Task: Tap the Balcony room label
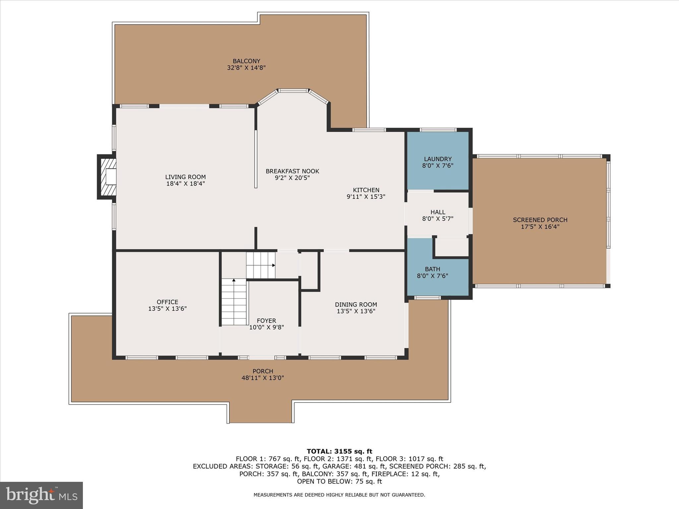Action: click(x=246, y=61)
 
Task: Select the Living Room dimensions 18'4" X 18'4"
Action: click(x=185, y=184)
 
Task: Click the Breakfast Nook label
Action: click(x=292, y=171)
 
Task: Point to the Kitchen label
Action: click(x=366, y=190)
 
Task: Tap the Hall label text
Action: click(x=438, y=212)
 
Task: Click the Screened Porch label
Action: click(x=540, y=220)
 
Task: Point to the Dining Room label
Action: click(x=356, y=305)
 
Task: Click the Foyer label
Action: click(x=266, y=321)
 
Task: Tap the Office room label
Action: click(x=167, y=302)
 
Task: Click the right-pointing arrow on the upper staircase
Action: click(x=274, y=265)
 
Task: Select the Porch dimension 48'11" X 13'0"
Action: click(x=263, y=378)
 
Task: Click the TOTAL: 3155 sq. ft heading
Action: click(x=339, y=451)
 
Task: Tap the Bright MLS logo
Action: click(x=41, y=495)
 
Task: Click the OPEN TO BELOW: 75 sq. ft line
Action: click(x=339, y=481)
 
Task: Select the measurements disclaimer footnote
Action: click(x=339, y=495)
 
